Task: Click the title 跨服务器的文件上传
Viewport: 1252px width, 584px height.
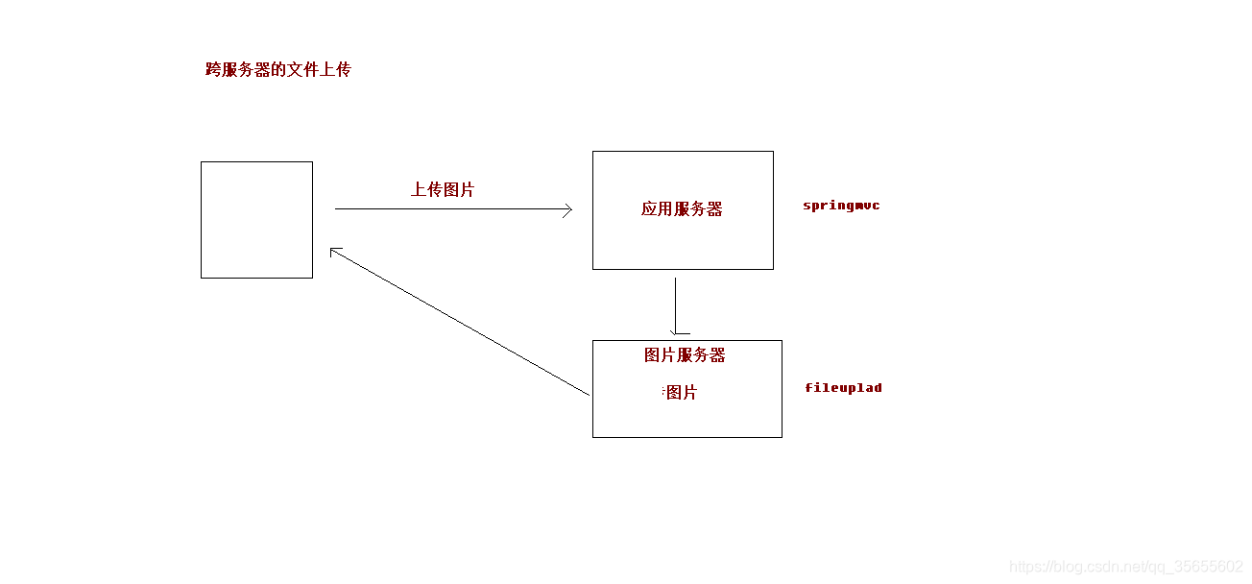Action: (x=278, y=70)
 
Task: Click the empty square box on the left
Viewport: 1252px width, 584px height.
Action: (x=256, y=220)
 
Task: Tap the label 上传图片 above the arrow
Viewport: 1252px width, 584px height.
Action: (x=443, y=190)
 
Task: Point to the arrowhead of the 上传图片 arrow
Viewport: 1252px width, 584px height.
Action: (x=569, y=209)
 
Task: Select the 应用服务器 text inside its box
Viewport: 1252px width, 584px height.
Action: (x=682, y=209)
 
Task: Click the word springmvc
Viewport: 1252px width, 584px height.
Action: (x=841, y=206)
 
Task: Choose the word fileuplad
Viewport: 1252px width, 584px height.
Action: (x=843, y=388)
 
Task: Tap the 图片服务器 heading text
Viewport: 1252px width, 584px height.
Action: (x=685, y=355)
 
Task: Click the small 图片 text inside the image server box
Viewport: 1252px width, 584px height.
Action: (x=681, y=393)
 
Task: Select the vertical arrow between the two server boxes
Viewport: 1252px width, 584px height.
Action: (x=675, y=305)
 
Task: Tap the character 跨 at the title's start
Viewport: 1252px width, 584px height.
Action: (x=213, y=70)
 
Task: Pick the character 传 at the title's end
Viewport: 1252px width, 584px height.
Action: (x=344, y=70)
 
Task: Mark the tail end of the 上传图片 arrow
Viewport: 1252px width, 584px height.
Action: (x=336, y=208)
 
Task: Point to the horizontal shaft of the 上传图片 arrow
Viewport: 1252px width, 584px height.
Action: (x=451, y=208)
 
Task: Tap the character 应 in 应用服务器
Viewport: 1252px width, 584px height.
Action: (x=650, y=209)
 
